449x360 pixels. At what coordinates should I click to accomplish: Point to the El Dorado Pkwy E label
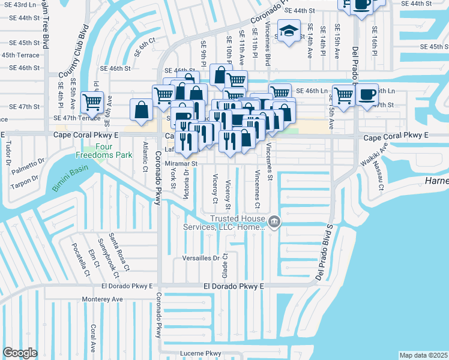click(x=234, y=287)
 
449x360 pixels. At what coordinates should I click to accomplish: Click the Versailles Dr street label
click(x=201, y=259)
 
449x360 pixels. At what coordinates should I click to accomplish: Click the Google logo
click(x=20, y=352)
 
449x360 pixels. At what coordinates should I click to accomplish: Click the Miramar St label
click(x=181, y=163)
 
